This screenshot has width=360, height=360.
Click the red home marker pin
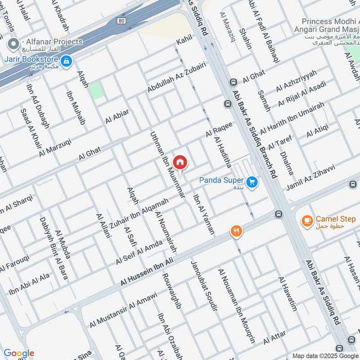pos(180,162)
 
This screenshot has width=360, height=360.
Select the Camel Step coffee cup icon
pos(307,220)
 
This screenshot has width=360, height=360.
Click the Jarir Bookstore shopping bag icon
pos(66,60)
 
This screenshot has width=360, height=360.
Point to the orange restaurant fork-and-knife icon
pos(236,231)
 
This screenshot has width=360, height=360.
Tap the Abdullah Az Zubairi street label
pos(177,77)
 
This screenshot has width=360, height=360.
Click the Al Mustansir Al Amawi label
pos(123,310)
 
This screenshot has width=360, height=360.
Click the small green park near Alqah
pos(96,90)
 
